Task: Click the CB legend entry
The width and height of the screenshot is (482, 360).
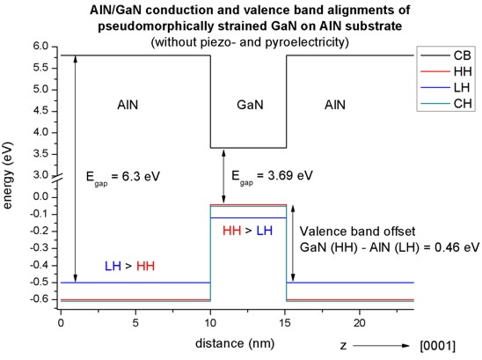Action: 446,55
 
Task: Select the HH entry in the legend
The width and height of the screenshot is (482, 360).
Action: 446,71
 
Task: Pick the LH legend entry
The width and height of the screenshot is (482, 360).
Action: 446,88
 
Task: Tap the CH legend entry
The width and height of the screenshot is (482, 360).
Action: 446,104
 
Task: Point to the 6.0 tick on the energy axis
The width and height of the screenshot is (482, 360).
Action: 40,47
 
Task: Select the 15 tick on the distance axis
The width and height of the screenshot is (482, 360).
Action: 285,323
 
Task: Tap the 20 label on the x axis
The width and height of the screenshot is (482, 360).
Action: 360,323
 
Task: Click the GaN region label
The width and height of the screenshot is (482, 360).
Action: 250,105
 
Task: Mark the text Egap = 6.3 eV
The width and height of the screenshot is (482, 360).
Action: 123,178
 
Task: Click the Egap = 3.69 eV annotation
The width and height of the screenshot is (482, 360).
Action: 272,177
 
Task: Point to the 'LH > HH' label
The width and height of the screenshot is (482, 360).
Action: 129,266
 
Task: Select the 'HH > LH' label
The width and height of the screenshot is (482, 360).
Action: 247,231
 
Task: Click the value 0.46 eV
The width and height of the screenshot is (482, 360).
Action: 456,247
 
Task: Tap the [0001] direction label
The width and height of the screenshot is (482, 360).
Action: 437,346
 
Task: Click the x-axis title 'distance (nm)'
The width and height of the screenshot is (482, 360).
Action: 235,343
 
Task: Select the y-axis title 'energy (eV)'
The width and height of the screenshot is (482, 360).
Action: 7,175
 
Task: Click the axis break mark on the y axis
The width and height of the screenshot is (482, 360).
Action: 57,178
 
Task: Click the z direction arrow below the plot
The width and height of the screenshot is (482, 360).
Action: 381,346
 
